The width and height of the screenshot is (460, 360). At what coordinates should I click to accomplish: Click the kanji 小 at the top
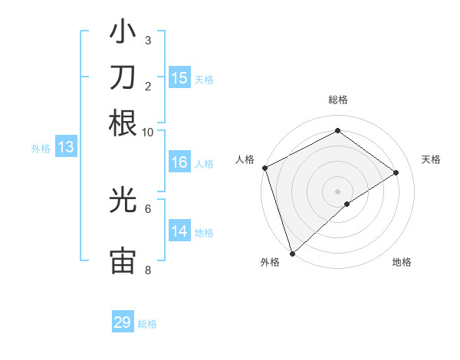tap(123, 34)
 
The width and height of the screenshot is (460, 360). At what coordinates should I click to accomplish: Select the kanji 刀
tap(123, 78)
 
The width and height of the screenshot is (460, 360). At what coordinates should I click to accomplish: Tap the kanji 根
tap(123, 123)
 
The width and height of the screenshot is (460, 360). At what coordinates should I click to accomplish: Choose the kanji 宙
tap(123, 260)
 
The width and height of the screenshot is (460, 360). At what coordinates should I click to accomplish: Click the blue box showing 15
tap(179, 78)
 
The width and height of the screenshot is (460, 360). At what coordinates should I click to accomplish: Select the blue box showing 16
tap(179, 162)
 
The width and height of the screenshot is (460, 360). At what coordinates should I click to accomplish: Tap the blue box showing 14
tap(179, 231)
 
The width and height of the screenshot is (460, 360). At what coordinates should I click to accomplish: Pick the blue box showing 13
tap(65, 148)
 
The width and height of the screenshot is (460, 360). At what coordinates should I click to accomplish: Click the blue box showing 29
tap(123, 322)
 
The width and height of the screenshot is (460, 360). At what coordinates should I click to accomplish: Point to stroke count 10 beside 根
tap(148, 132)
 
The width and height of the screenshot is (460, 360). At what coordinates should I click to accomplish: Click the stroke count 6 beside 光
tap(148, 208)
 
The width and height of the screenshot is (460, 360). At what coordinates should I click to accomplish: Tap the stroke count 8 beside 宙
tap(148, 270)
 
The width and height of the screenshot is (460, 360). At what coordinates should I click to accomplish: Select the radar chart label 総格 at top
tap(338, 100)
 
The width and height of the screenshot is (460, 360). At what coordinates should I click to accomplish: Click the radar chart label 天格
tap(431, 159)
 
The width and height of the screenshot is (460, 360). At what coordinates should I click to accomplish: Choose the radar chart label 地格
tap(402, 263)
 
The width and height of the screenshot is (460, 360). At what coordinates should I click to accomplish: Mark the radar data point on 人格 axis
tap(264, 168)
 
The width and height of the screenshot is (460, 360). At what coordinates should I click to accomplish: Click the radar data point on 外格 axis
tap(292, 253)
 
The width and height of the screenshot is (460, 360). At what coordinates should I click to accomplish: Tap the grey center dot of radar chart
tap(337, 191)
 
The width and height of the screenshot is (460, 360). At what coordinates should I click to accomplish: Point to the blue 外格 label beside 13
tap(41, 149)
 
